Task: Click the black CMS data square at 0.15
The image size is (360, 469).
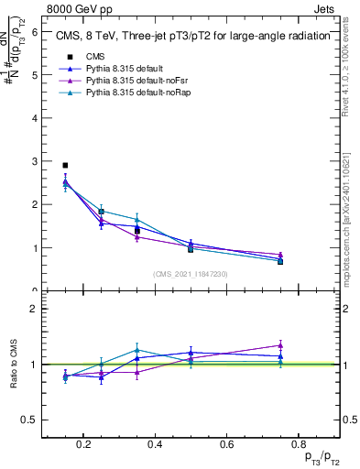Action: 65,166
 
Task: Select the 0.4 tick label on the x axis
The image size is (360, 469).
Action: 155,444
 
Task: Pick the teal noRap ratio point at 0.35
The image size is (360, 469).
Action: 136,350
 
